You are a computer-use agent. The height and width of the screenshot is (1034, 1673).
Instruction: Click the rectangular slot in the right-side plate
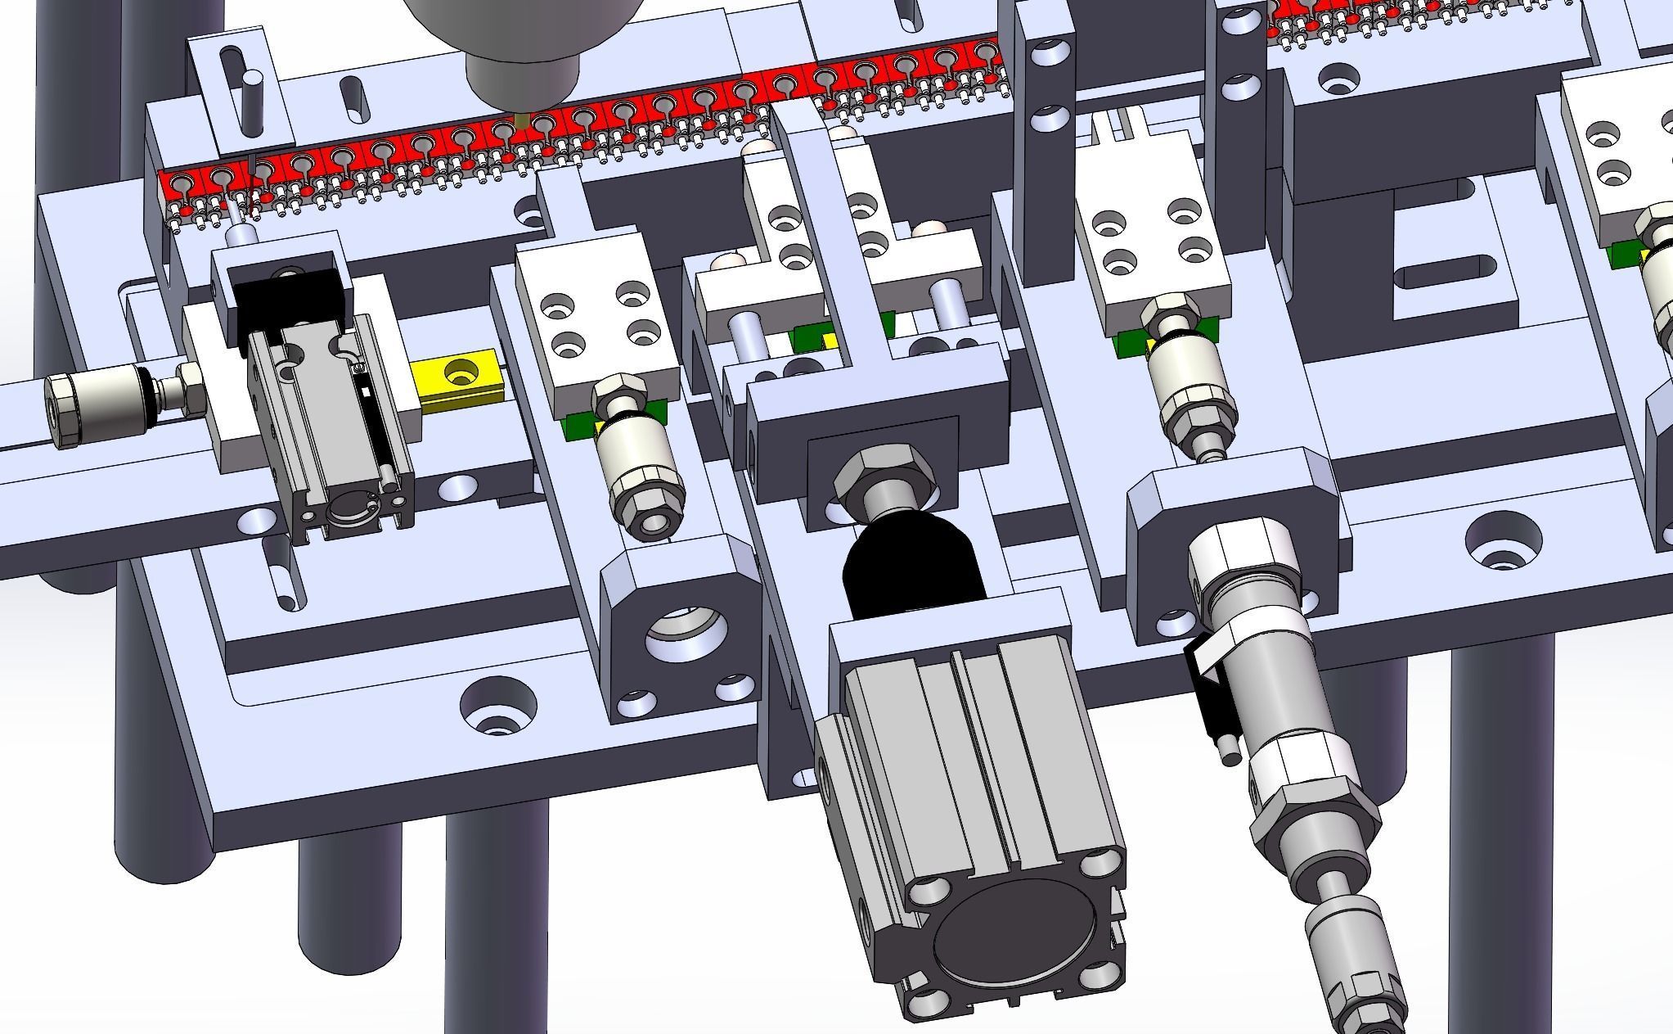point(1444,271)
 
